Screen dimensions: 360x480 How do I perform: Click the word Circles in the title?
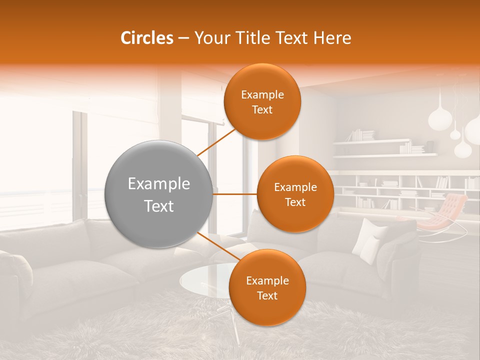[147, 38]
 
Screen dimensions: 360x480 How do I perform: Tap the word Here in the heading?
[332, 38]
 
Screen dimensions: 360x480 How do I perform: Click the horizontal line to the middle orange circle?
[234, 194]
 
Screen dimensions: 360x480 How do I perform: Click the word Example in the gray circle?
[159, 184]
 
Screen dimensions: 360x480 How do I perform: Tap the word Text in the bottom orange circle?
[267, 295]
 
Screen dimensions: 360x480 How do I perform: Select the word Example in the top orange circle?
[262, 94]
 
